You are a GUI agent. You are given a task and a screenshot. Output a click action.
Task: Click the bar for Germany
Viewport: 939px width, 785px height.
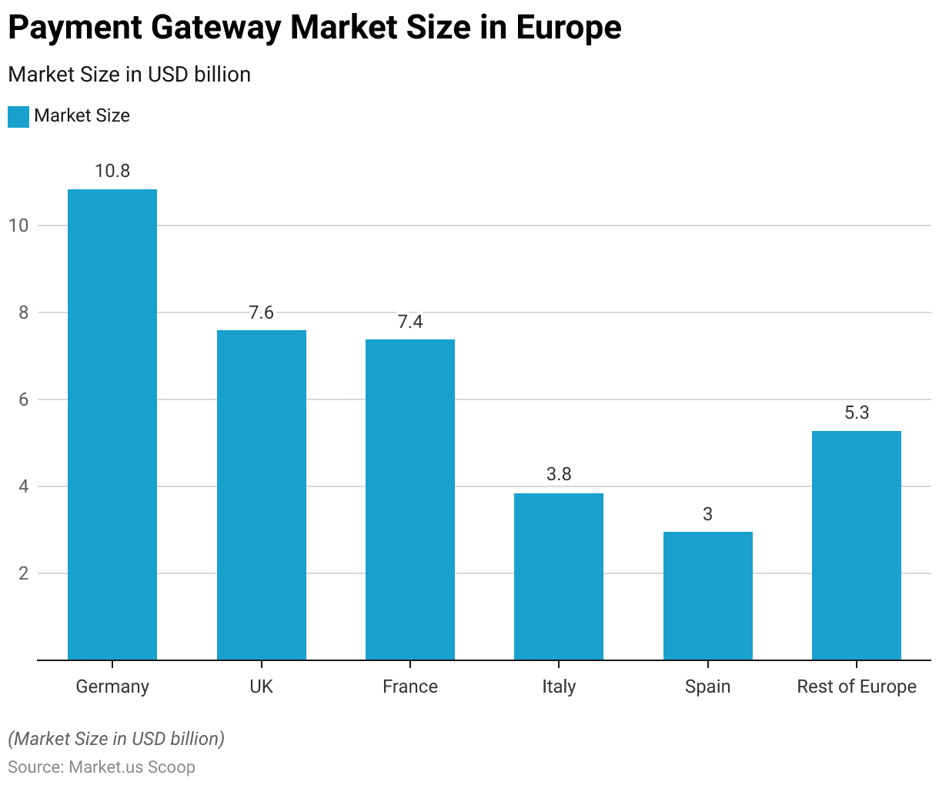tap(112, 425)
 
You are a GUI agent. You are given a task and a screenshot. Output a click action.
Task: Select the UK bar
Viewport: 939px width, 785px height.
tap(261, 495)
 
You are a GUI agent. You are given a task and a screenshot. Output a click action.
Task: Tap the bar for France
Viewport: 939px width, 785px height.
tap(410, 499)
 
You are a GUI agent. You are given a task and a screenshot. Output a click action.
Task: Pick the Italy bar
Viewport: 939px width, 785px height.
tap(559, 576)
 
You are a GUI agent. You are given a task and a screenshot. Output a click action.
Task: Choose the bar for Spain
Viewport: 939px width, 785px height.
tap(707, 596)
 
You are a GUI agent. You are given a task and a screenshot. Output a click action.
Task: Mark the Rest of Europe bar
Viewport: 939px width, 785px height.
tap(857, 545)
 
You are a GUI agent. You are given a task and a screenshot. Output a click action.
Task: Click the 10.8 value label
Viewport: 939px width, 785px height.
tap(112, 171)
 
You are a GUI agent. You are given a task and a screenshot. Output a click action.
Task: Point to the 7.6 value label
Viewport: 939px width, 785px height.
tap(261, 312)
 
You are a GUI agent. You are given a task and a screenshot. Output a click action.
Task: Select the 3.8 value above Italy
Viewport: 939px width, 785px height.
tap(559, 474)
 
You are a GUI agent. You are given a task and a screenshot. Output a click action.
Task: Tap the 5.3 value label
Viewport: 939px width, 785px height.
tap(857, 413)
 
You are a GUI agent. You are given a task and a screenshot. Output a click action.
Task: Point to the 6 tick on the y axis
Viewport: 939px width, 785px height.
tap(23, 399)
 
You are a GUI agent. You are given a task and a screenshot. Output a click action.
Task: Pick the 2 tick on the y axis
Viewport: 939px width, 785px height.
tap(23, 573)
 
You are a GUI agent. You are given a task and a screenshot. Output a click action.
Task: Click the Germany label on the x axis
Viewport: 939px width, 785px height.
tap(112, 686)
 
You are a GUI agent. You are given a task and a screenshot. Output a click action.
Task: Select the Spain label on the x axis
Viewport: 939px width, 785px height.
tap(707, 686)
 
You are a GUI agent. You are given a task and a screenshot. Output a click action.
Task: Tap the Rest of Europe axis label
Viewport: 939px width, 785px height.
tap(857, 686)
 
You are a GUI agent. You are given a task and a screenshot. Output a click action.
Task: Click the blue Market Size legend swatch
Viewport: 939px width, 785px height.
tap(18, 116)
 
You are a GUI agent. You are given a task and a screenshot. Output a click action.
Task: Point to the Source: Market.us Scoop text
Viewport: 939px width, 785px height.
tap(102, 767)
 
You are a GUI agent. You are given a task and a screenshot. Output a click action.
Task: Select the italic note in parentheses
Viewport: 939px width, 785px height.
tap(116, 739)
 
